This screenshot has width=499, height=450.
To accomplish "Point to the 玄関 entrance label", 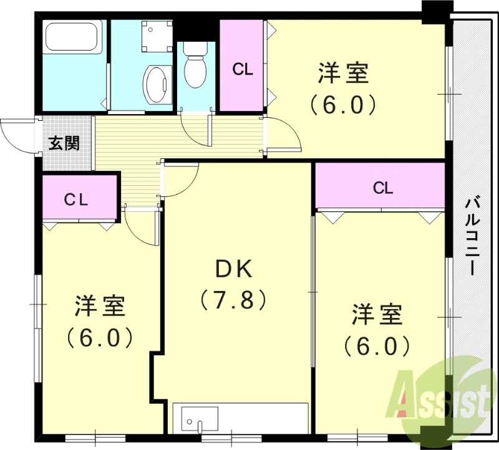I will point(64,143).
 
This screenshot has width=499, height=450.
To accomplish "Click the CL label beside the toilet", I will point(243,69).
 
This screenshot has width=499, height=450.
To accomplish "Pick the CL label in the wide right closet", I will point(383,188).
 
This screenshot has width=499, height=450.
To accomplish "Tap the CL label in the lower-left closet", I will point(78,199).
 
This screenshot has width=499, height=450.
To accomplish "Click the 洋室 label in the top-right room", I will point(343,74).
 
